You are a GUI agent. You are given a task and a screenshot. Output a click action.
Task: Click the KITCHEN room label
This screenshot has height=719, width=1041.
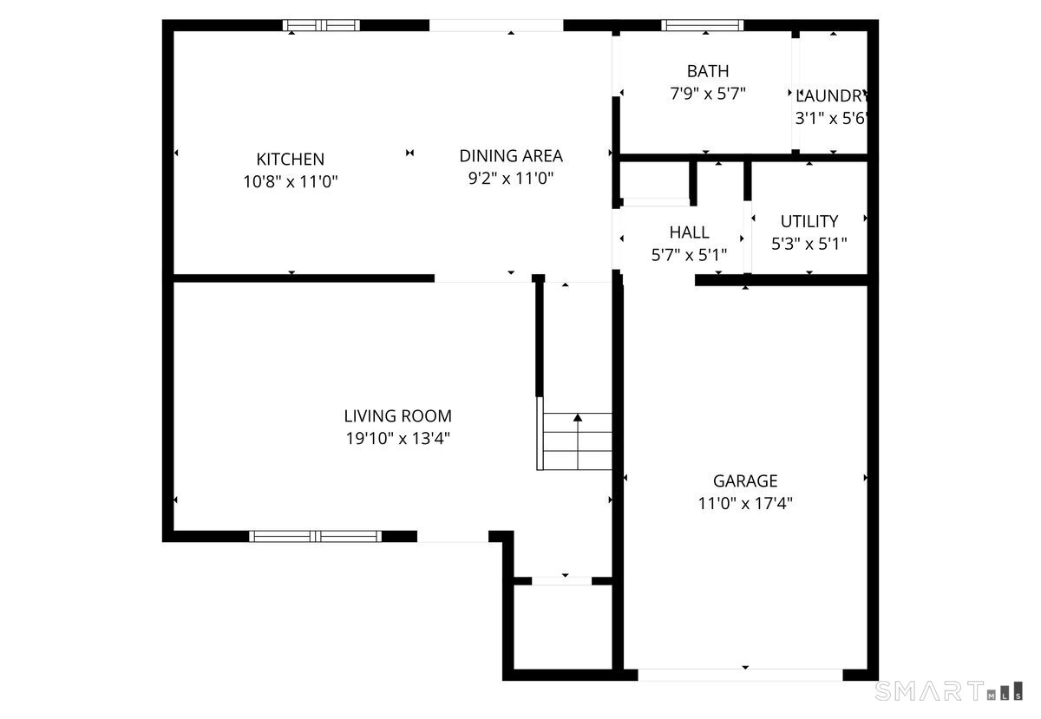290,160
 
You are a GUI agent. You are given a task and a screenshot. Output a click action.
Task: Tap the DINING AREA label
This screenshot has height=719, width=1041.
511,156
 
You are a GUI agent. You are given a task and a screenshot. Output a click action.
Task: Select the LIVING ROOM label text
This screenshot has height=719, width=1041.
397,416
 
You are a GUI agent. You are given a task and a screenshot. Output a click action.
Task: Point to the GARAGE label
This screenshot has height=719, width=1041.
745,480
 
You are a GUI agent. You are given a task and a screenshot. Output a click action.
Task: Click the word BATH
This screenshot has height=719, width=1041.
708,71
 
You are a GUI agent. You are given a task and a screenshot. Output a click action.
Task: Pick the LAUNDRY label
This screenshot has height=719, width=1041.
832,96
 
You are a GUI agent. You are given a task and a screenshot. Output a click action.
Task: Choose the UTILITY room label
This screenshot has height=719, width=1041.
809,221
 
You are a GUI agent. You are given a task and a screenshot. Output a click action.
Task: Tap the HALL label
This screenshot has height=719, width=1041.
689,232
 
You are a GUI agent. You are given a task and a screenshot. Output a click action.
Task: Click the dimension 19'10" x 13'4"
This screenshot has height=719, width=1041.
397,439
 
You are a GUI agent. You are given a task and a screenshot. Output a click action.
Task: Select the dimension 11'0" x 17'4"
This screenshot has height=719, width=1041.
745,503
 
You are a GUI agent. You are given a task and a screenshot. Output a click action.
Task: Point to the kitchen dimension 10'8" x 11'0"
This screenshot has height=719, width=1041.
290,182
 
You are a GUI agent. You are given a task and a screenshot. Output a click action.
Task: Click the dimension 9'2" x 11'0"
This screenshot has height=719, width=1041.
511,179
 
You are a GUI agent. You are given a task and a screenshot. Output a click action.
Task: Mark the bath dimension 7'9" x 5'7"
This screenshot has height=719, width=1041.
708,94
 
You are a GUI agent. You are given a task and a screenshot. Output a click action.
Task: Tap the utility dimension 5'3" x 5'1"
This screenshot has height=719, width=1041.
809,244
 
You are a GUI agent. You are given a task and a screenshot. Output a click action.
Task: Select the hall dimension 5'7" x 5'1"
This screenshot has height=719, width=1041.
689,255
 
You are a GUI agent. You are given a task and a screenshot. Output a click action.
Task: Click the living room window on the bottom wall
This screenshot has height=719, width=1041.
316,536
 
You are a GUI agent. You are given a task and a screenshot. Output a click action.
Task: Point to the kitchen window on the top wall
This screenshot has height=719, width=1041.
323,25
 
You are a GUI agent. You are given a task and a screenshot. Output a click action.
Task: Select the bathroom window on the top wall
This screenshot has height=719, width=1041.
702,25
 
